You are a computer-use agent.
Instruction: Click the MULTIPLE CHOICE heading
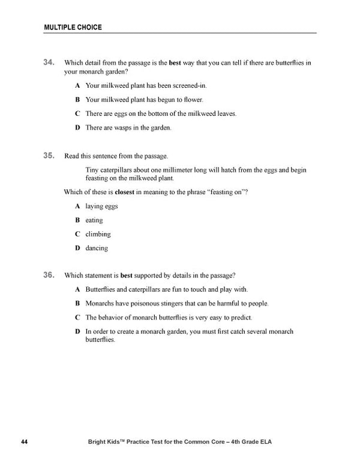pyautogui.click(x=73, y=27)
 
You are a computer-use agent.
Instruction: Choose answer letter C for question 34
pyautogui.click(x=77, y=113)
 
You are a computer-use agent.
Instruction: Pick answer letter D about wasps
pyautogui.click(x=77, y=127)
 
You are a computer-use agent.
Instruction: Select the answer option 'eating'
pyautogui.click(x=94, y=220)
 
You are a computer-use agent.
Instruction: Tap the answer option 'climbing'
pyautogui.click(x=98, y=234)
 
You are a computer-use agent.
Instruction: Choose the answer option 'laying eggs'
pyautogui.click(x=101, y=206)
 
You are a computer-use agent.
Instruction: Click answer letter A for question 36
pyautogui.click(x=77, y=289)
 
